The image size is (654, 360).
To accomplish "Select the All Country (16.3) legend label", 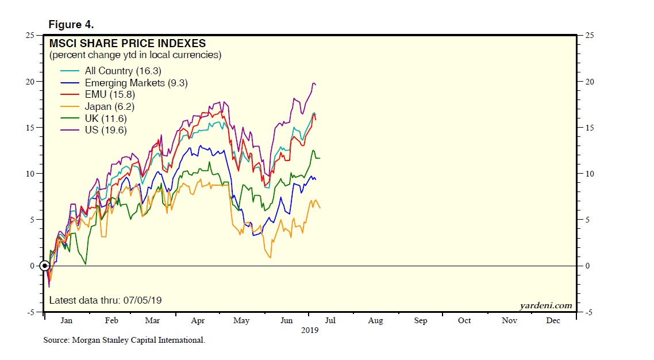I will [123, 71].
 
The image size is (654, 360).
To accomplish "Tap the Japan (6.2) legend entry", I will [109, 106].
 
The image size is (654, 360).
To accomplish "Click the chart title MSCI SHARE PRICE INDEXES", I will [127, 44].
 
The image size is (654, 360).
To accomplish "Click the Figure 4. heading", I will [71, 25].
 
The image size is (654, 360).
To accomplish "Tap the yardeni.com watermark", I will [546, 305].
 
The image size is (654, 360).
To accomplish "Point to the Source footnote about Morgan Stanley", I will [124, 340].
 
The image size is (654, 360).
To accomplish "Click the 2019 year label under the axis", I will [310, 331].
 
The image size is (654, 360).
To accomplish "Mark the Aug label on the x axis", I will [375, 321].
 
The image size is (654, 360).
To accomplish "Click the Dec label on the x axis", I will [553, 321].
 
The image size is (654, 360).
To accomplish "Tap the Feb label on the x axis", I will [111, 321].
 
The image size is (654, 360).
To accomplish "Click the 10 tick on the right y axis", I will [587, 174].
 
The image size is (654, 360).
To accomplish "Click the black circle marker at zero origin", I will [44, 266].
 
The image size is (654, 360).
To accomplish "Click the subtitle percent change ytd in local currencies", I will [135, 55].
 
